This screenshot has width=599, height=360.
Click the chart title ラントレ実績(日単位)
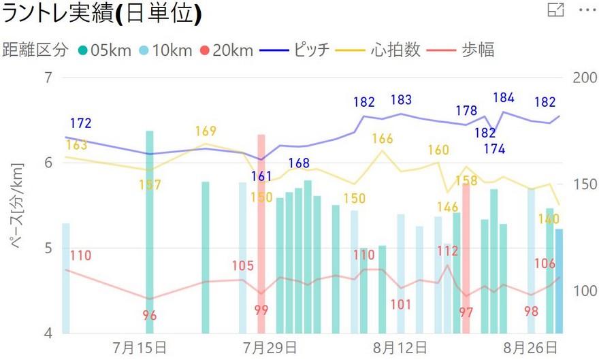(102, 14)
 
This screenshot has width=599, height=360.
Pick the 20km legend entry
(229, 50)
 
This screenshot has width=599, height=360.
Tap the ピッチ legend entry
(304, 50)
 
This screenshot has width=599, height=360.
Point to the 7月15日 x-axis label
(143, 347)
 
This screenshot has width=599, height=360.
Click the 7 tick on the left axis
(48, 78)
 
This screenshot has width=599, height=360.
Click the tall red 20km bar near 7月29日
(261, 231)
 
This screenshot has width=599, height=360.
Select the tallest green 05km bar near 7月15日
(150, 231)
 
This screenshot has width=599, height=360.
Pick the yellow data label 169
(206, 131)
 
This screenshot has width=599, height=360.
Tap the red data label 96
(150, 316)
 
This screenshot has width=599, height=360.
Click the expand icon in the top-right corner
(556, 10)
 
